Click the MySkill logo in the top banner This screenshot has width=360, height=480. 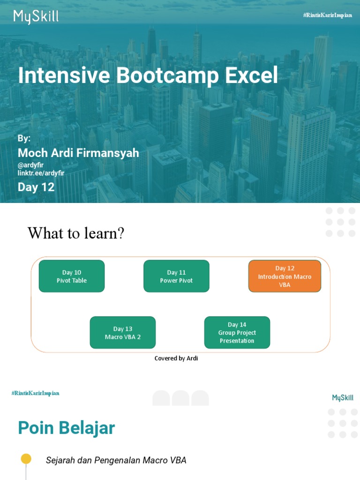pos(36,17)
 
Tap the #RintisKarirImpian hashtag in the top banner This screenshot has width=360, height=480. pos(328,15)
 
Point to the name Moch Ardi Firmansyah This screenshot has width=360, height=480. pos(78,153)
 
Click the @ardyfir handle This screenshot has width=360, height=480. pos(30,165)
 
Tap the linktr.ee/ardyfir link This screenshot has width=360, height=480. pos(41,173)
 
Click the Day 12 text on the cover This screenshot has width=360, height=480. pos(36,187)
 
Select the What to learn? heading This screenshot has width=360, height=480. pos(76,233)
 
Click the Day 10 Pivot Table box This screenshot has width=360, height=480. pos(72,276)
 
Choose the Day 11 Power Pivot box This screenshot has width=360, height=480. pos(176,276)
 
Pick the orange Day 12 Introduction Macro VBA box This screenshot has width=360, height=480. pos(285,276)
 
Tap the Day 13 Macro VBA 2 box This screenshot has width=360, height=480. pos(123,332)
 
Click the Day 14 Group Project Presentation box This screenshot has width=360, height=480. pos(237,332)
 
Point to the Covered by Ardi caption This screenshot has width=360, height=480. pos(176,358)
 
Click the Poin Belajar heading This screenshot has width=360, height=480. pos(66,428)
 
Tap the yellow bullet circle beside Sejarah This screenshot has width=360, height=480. pos(26,459)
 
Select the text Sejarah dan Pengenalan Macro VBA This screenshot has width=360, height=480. pos(116,460)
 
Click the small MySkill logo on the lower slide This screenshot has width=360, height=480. pos(343,398)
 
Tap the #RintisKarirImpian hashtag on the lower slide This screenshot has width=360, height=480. pos(36,393)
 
